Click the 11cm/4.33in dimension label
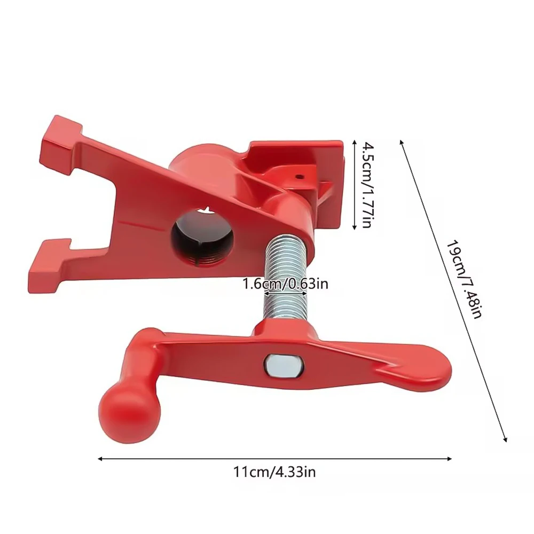click(274, 472)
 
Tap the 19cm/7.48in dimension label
click(465, 279)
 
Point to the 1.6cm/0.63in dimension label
click(285, 283)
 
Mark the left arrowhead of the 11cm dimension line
click(100, 458)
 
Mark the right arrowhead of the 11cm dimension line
click(450, 458)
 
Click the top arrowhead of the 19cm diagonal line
click(402, 142)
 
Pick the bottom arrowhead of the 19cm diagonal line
click(505, 440)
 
